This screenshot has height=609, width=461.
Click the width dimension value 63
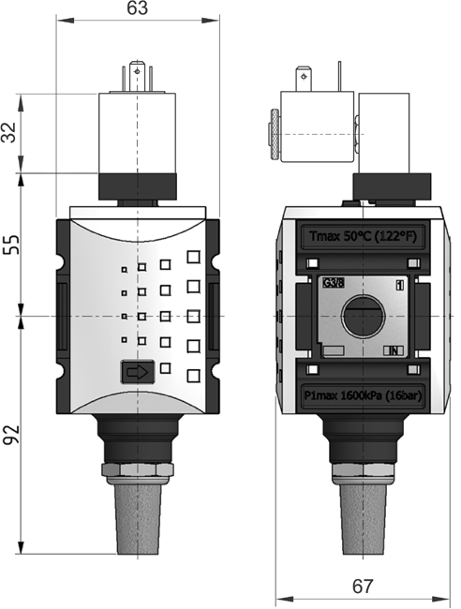[138, 10]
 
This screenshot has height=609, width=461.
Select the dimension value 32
[11, 132]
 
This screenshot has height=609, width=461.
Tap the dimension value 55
[11, 245]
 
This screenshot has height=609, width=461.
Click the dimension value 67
[363, 587]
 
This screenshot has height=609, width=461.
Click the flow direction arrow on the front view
[137, 373]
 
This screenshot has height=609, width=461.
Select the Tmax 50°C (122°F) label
[362, 235]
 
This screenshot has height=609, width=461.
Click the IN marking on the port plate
[394, 350]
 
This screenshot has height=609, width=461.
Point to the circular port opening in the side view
[363, 317]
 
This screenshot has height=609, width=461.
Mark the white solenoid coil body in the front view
[138, 132]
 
